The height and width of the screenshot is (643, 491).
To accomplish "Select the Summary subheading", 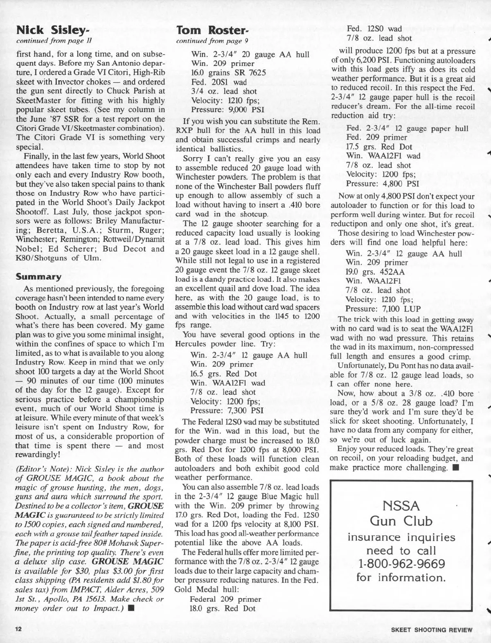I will coord(38,277).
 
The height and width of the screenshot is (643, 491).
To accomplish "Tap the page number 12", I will coord(18,630).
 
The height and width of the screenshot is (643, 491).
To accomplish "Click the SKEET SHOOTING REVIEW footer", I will coord(432,630).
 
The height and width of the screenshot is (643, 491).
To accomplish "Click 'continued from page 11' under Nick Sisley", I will coord(54,40).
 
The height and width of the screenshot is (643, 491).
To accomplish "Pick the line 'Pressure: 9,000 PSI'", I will coord(227,110).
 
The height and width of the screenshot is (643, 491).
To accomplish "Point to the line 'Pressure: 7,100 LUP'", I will coord(383,308).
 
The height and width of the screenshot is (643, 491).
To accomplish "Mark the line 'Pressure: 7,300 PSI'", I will coord(227,410).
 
